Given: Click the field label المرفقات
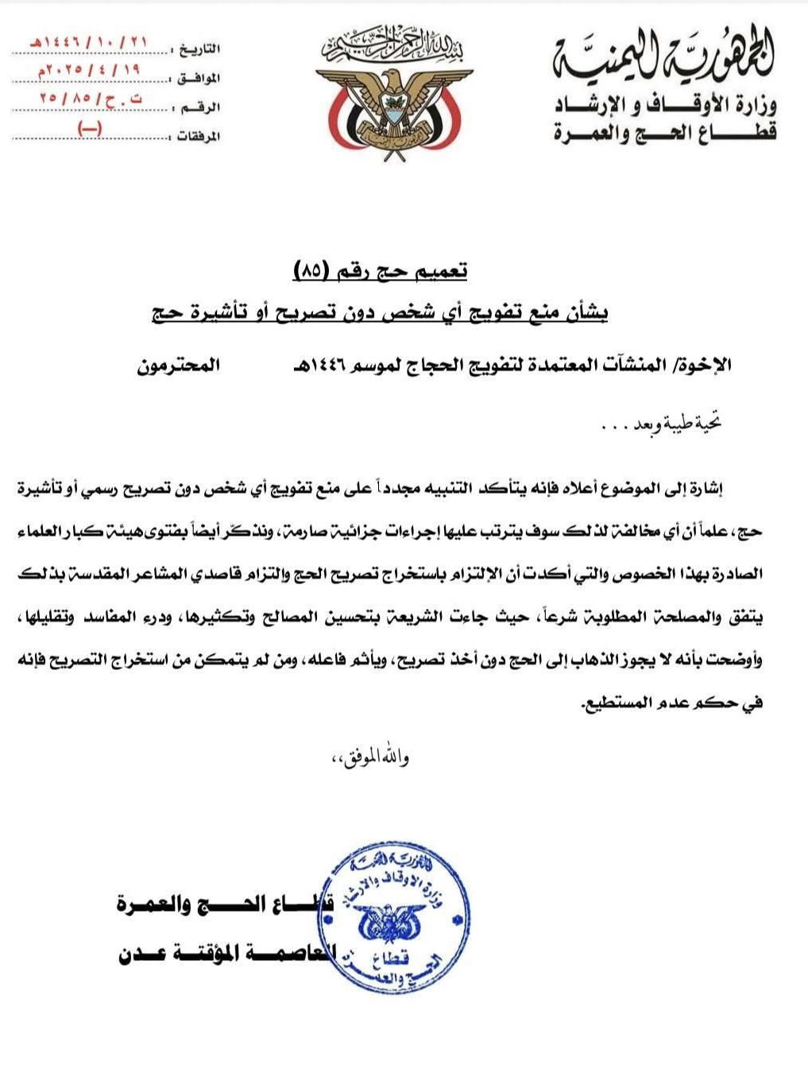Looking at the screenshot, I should pos(197,136).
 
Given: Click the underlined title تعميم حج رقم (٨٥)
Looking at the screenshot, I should pos(381,272).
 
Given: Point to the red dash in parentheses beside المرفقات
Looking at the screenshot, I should pos(88,130).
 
